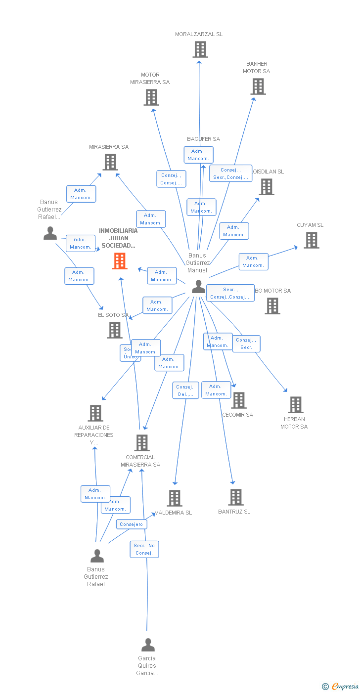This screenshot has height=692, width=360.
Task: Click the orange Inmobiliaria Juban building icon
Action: (120, 261)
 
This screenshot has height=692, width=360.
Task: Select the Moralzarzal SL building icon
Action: (200, 49)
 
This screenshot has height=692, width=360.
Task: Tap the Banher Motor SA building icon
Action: (258, 86)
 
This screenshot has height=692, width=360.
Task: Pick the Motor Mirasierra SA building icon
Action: (151, 97)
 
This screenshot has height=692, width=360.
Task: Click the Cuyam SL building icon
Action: (311, 240)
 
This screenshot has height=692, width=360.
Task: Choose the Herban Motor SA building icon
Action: (295, 405)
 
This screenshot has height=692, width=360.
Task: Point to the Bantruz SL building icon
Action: (236, 497)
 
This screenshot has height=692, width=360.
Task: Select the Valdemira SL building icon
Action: (174, 498)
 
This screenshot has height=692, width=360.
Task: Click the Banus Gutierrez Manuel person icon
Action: (198, 286)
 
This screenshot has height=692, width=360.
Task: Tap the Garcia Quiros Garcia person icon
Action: (148, 645)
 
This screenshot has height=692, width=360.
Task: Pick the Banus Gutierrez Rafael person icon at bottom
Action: (97, 556)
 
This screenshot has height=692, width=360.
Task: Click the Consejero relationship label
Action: (131, 524)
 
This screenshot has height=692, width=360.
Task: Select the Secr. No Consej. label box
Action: (144, 549)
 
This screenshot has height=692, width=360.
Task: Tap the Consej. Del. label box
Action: (185, 390)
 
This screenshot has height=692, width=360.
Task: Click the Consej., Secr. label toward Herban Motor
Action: (246, 344)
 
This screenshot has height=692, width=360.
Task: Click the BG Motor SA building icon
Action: (272, 306)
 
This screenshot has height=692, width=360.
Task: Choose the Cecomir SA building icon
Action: (238, 400)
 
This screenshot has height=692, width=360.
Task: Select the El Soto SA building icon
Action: (114, 330)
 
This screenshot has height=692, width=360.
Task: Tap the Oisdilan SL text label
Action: (268, 172)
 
